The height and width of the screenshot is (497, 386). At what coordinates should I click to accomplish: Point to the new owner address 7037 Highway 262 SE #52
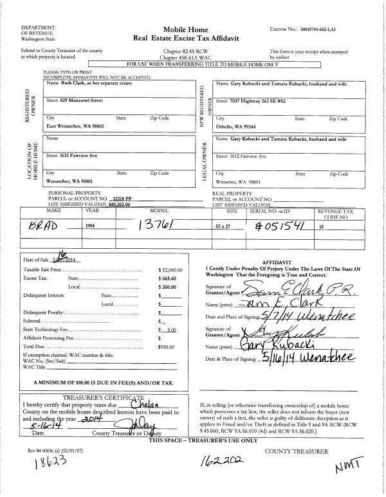tap(257, 101)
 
